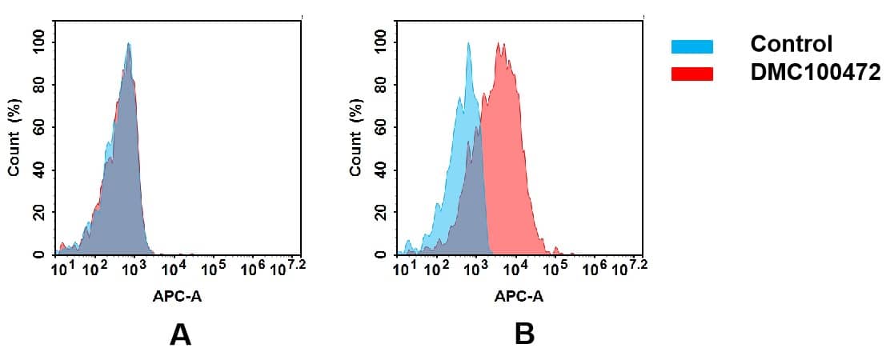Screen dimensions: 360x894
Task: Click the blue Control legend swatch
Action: click(x=692, y=46)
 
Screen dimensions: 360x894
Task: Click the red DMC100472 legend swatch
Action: click(x=692, y=74)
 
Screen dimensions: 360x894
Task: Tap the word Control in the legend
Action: click(x=791, y=45)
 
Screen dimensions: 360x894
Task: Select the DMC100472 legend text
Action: click(x=815, y=73)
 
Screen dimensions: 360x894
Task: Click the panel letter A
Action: click(x=180, y=334)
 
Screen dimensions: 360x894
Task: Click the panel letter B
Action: click(x=523, y=334)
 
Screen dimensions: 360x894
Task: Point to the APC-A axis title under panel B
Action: click(x=519, y=296)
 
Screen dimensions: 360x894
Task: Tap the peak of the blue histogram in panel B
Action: click(x=469, y=43)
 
